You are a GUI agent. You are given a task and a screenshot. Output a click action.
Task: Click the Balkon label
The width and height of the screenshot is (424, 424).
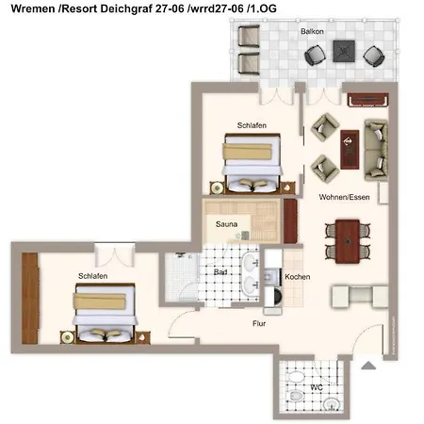(x=312, y=31)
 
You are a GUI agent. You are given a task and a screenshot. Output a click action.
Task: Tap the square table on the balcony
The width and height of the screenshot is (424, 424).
(x=344, y=51)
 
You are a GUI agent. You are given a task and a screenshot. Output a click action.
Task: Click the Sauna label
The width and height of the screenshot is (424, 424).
(x=226, y=224)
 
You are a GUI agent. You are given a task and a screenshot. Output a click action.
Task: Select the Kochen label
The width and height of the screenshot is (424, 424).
(x=297, y=277)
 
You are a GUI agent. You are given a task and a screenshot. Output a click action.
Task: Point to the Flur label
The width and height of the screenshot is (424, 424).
(x=259, y=323)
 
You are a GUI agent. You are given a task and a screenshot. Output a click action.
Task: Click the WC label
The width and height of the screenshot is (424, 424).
(x=317, y=387)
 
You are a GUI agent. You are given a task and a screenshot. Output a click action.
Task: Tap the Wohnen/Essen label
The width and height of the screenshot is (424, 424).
(x=344, y=197)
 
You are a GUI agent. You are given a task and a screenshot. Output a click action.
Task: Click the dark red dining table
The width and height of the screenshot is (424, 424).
(x=348, y=241)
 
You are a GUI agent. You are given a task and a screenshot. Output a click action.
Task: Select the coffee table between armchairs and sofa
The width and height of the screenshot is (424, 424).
(x=350, y=149)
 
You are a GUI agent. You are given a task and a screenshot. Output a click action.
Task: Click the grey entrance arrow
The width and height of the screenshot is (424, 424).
(x=368, y=366)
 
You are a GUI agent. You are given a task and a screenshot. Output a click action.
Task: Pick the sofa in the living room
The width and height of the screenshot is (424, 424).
(x=376, y=150)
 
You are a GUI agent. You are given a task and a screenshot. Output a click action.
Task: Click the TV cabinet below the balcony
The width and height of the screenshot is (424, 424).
(x=367, y=100)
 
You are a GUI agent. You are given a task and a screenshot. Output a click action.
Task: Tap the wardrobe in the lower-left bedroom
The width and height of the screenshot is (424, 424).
(x=30, y=299)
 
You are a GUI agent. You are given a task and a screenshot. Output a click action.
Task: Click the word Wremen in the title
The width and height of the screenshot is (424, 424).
(x=33, y=8)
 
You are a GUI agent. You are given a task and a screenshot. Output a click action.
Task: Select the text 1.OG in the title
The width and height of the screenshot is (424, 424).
(x=263, y=8)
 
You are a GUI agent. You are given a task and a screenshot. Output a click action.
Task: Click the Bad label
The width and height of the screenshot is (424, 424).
(x=220, y=272)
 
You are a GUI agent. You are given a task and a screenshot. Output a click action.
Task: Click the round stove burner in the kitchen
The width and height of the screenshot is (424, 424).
(x=278, y=297)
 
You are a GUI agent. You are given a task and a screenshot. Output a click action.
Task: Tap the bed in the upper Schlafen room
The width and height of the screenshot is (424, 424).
(x=253, y=163)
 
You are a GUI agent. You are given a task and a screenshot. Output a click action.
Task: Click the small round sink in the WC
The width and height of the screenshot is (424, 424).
(x=331, y=403)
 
